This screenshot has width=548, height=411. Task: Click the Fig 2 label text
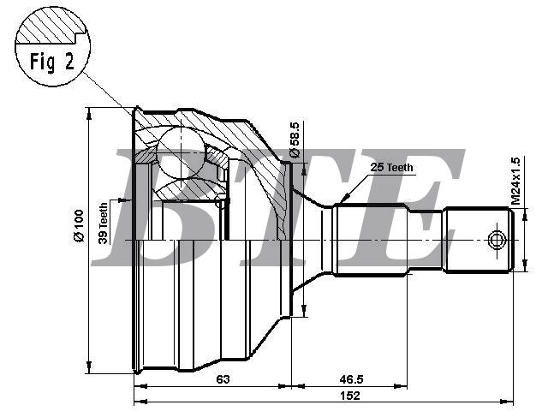coord(52,62)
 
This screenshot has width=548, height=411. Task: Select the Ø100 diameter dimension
coord(78,225)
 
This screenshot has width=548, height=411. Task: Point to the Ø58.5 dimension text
coord(295,140)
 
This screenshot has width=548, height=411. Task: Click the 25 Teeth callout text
coord(391,168)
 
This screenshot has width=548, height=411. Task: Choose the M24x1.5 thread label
coord(515,181)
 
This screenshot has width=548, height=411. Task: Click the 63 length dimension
coord(223,378)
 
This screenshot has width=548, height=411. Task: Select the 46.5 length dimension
coord(352,378)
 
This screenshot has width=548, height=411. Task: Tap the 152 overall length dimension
coord(350,396)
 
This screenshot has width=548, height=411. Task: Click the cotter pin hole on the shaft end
coord(497,240)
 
